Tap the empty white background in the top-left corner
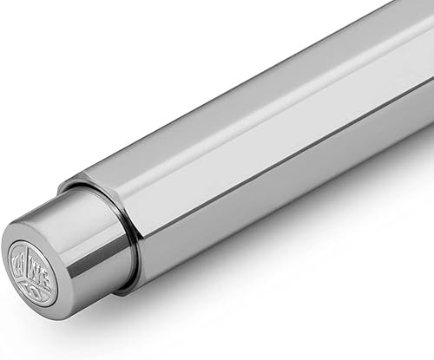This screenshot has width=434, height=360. click(x=35, y=35)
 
